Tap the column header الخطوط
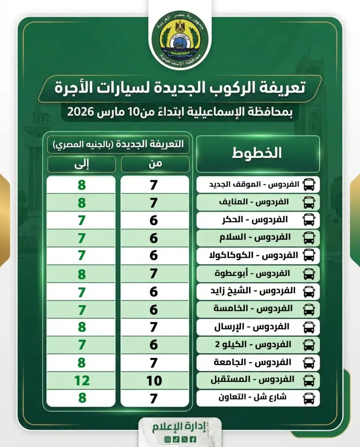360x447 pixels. coord(258,153)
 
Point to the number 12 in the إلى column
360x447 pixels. coord(82,381)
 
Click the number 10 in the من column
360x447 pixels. coord(154,381)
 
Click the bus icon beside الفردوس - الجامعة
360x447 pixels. coord(310,362)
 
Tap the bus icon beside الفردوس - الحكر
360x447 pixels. coord(310,220)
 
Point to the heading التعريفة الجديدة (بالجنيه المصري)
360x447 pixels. coord(118,144)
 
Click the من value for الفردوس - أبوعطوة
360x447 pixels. coord(154,274)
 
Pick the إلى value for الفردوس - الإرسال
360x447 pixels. coord(82,327)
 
